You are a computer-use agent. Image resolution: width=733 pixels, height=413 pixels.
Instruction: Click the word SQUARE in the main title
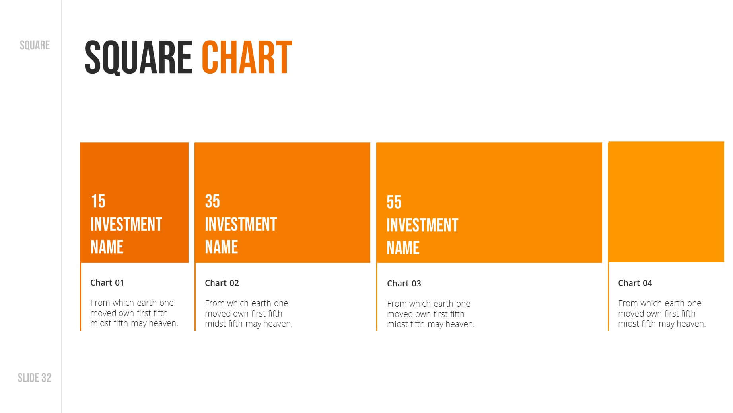[x=138, y=58]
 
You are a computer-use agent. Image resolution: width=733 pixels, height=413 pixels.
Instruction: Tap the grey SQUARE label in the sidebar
[x=35, y=45]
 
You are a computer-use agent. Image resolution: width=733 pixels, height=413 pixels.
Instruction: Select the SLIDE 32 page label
[x=35, y=378]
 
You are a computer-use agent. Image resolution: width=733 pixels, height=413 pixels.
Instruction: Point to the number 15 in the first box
[x=98, y=201]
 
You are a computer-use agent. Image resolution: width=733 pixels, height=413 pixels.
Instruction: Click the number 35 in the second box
[x=212, y=201]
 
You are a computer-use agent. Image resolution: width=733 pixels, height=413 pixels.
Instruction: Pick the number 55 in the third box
[x=394, y=202]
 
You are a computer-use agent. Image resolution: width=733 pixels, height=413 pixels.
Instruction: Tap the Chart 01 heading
[x=107, y=282]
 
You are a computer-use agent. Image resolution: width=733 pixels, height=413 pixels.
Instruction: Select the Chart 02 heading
[x=222, y=283]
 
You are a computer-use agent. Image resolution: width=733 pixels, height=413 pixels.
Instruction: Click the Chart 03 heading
[x=404, y=283]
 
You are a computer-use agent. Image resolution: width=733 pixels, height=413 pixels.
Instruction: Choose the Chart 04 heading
[x=635, y=283]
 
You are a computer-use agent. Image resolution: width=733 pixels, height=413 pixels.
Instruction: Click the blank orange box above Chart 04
[x=666, y=202]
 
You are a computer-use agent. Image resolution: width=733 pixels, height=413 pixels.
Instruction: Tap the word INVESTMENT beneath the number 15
[x=126, y=224]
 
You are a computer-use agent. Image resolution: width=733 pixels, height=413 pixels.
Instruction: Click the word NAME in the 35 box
[x=221, y=247]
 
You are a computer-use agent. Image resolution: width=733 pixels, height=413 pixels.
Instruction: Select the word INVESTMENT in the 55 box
[x=422, y=225]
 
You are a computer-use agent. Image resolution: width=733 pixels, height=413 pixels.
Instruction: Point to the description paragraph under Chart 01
[x=134, y=313]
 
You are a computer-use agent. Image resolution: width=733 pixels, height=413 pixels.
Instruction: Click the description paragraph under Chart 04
[x=662, y=313]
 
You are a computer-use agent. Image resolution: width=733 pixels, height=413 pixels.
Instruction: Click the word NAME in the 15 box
[x=107, y=247]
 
